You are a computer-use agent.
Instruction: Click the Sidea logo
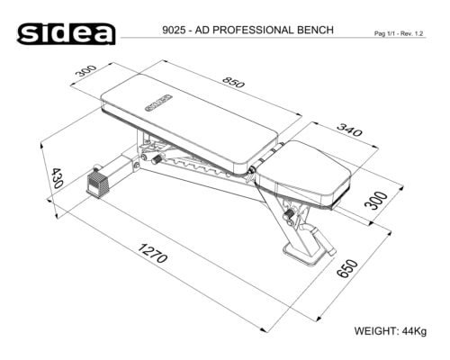66,33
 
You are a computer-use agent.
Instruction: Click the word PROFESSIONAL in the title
254,31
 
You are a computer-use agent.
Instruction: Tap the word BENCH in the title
315,31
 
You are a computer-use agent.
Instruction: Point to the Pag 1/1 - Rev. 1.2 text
399,33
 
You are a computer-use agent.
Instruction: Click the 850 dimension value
233,82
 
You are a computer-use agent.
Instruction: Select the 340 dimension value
349,130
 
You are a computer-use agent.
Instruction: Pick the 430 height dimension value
57,178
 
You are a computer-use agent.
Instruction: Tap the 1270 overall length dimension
152,253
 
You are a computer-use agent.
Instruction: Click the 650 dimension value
347,268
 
